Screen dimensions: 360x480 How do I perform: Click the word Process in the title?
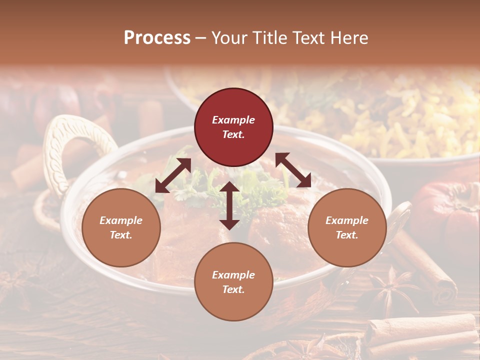click(157, 38)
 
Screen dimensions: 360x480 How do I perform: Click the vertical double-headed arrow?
click(229, 205)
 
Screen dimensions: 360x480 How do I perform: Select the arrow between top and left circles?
click(173, 175)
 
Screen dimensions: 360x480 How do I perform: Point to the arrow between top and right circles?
click(293, 170)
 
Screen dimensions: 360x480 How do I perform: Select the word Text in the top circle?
click(233, 134)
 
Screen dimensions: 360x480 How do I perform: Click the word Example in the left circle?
click(121, 220)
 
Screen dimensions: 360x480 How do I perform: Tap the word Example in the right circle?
click(347, 220)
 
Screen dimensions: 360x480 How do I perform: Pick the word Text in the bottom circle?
click(233, 289)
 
